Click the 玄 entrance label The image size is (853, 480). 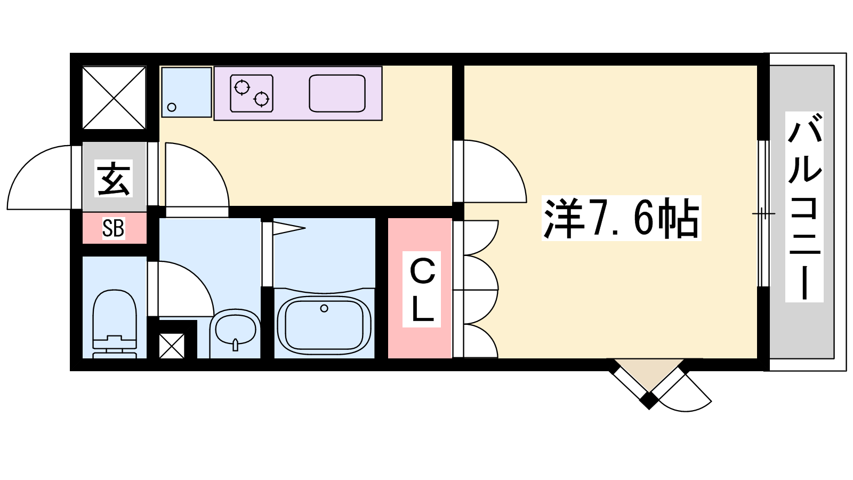click(114, 179)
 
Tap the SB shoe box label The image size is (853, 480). click(113, 229)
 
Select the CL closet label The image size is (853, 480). click(422, 289)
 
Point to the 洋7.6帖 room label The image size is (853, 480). click(621, 218)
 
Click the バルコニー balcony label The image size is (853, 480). click(804, 207)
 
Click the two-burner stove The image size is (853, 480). click(252, 93)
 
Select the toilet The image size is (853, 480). click(115, 324)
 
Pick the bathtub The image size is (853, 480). click(324, 326)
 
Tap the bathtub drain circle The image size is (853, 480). click(324, 308)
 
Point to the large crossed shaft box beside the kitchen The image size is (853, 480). click(114, 98)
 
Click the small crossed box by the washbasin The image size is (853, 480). click(172, 346)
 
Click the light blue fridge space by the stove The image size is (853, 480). click(187, 92)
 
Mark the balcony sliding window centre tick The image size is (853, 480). click(763, 213)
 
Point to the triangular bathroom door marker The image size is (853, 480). click(288, 228)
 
